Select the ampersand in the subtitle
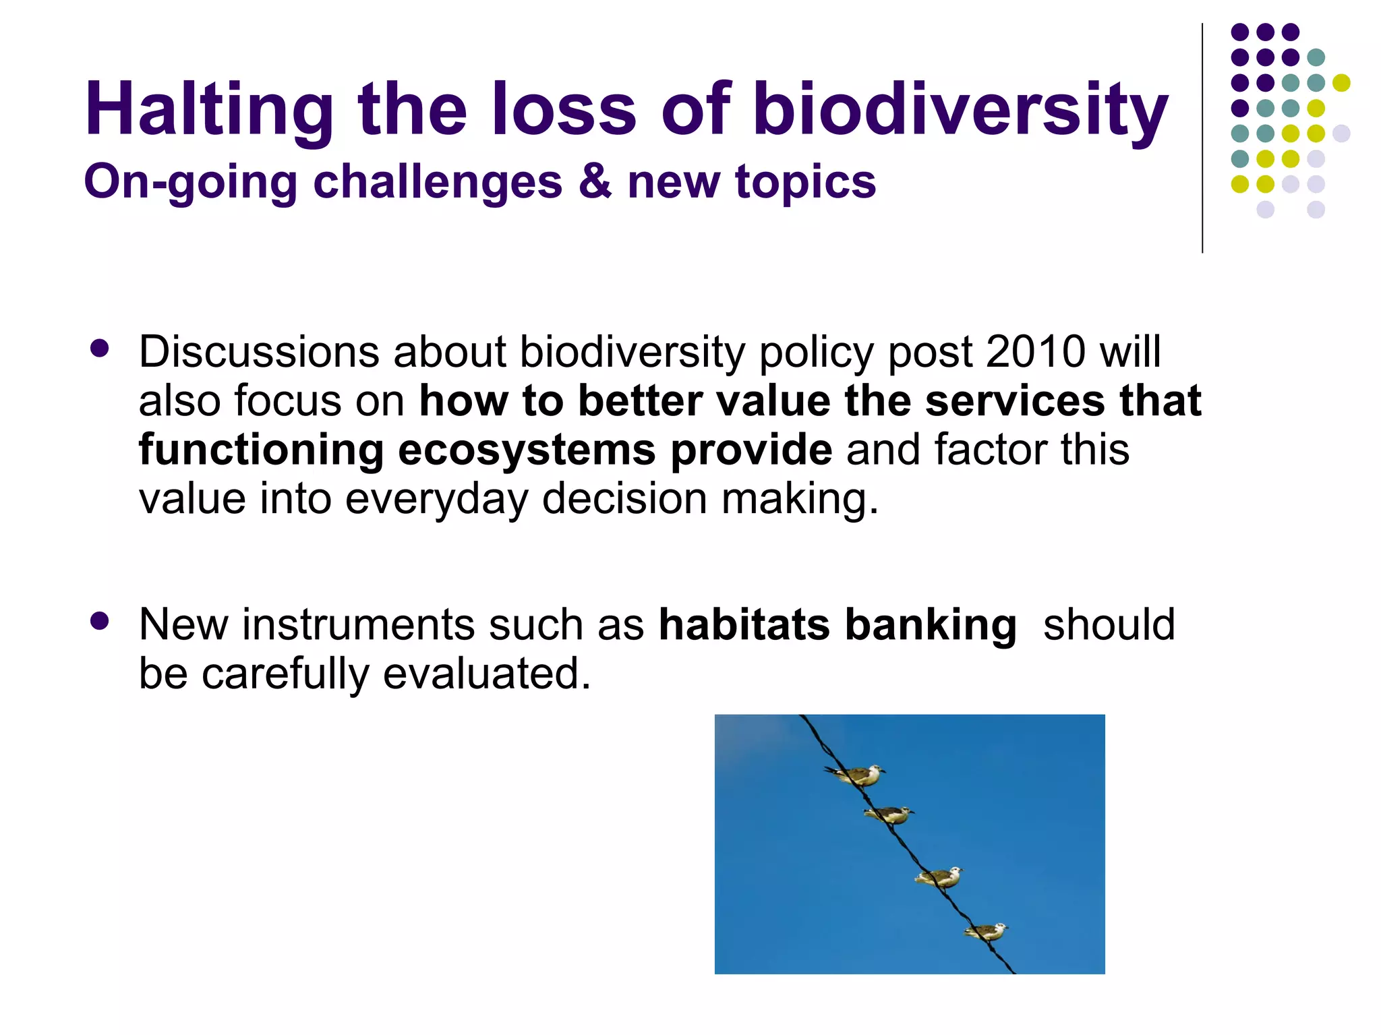(595, 181)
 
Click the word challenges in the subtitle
(438, 183)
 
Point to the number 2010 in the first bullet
(1036, 352)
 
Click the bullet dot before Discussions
(100, 349)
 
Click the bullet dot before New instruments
(100, 621)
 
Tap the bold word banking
(931, 626)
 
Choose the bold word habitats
(744, 624)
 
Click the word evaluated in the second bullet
(486, 674)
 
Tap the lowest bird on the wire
(987, 932)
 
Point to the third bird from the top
(940, 877)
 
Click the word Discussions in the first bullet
(259, 352)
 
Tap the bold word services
(1015, 401)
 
